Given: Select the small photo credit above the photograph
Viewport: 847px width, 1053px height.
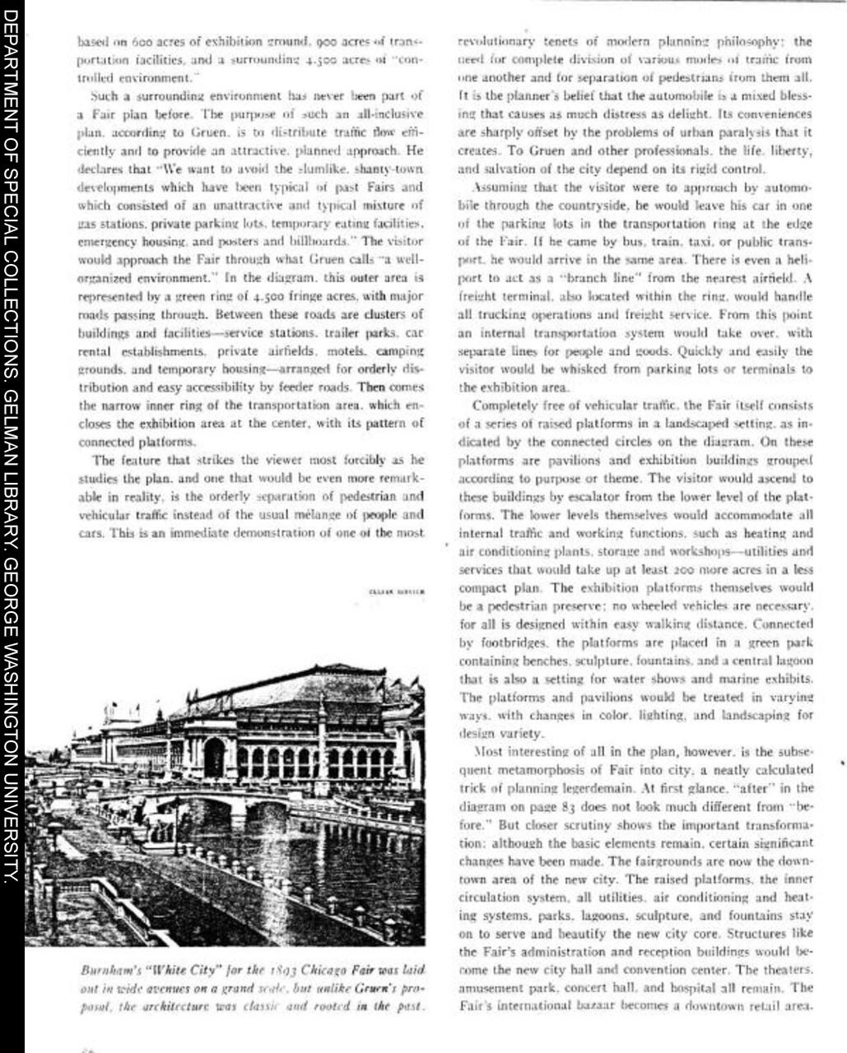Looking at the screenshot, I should [x=397, y=591].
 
